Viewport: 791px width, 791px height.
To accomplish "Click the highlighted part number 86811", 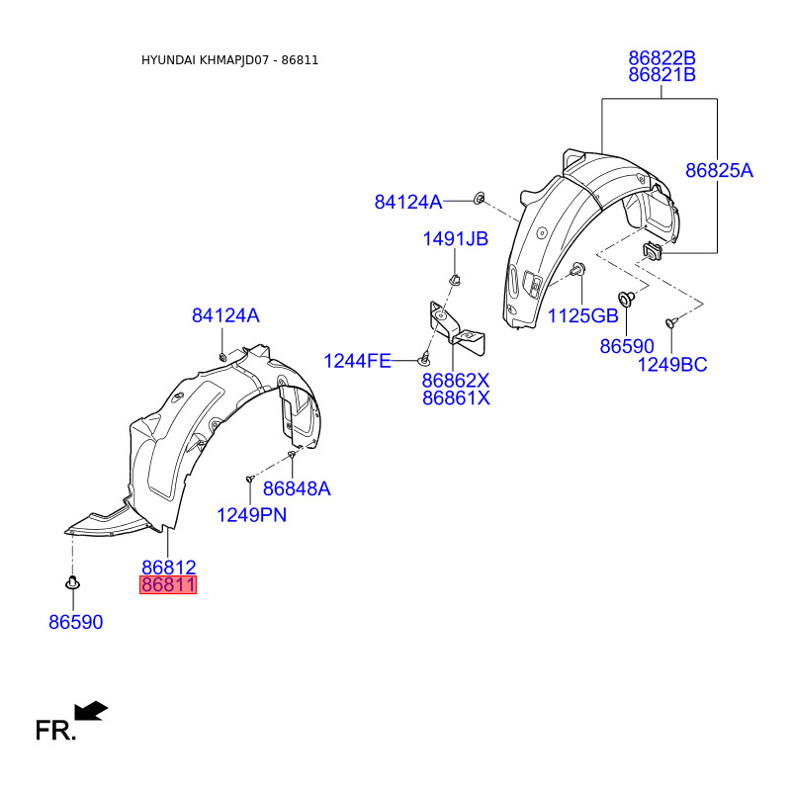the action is tap(168, 584).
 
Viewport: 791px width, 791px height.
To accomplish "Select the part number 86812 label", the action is tap(168, 567).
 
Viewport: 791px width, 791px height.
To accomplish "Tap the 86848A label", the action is tap(297, 488).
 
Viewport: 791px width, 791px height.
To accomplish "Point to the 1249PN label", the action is tap(251, 514).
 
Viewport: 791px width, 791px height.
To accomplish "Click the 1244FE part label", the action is tap(357, 361).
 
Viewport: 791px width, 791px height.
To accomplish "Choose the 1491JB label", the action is tap(455, 238).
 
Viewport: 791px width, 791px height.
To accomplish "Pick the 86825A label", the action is tap(719, 170).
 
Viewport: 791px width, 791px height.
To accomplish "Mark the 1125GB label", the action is tap(582, 315).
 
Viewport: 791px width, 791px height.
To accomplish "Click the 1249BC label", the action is tap(672, 364).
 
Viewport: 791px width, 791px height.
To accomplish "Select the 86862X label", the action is tap(456, 380).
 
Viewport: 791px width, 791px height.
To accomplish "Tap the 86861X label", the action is tap(456, 398).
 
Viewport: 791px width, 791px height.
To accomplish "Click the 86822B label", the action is tap(661, 58).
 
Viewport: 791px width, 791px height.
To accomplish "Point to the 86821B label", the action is tap(661, 75).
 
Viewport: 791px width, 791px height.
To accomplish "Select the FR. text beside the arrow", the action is tap(55, 730).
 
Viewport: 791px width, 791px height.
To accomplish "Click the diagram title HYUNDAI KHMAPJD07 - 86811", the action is tap(229, 60).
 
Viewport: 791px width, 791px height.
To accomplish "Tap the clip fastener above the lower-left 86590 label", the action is tap(72, 582).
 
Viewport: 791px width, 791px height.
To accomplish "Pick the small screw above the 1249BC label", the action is tap(670, 322).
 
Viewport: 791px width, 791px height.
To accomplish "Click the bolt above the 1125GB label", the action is tap(577, 269).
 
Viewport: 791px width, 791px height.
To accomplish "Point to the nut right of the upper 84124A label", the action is tap(480, 198).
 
